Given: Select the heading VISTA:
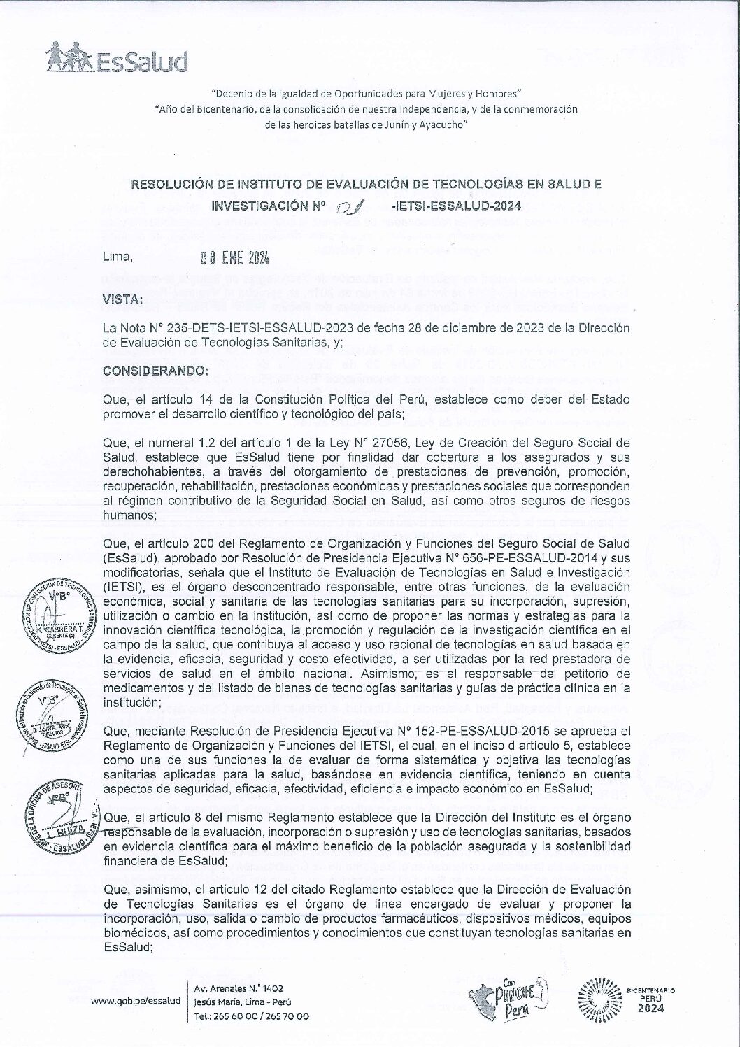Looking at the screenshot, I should [122, 299].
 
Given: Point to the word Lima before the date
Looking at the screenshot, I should [117, 257].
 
